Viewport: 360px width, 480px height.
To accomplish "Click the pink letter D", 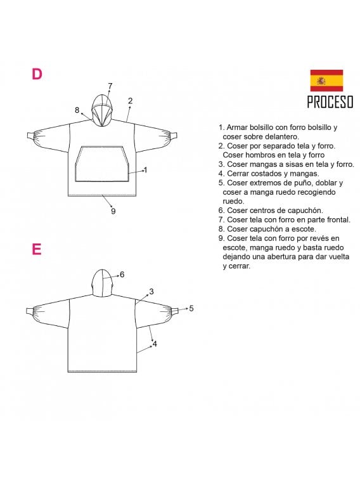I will pyautogui.click(x=37, y=74).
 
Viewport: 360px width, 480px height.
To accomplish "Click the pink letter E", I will pyautogui.click(x=37, y=249).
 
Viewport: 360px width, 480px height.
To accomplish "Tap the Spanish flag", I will pyautogui.click(x=326, y=81).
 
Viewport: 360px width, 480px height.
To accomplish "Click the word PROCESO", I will pyautogui.click(x=330, y=101).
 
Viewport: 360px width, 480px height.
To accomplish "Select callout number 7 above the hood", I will pyautogui.click(x=110, y=86).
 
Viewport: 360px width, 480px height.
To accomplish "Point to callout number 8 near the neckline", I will pyautogui.click(x=77, y=110).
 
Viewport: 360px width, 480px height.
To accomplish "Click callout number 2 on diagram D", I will pyautogui.click(x=130, y=100).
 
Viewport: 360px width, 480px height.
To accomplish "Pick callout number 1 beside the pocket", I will pyautogui.click(x=146, y=169).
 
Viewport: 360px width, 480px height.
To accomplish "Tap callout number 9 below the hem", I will pyautogui.click(x=113, y=211).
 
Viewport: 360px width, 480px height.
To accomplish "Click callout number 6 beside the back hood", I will pyautogui.click(x=122, y=275).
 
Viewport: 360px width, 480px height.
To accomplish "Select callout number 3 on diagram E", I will pyautogui.click(x=151, y=292).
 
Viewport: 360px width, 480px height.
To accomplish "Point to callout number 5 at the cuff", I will pyautogui.click(x=191, y=308).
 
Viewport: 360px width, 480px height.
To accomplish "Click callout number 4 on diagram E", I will pyautogui.click(x=155, y=344).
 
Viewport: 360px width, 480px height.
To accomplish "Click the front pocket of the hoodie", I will pyautogui.click(x=102, y=164).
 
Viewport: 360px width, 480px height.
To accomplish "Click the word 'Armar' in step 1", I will pyautogui.click(x=238, y=127).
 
